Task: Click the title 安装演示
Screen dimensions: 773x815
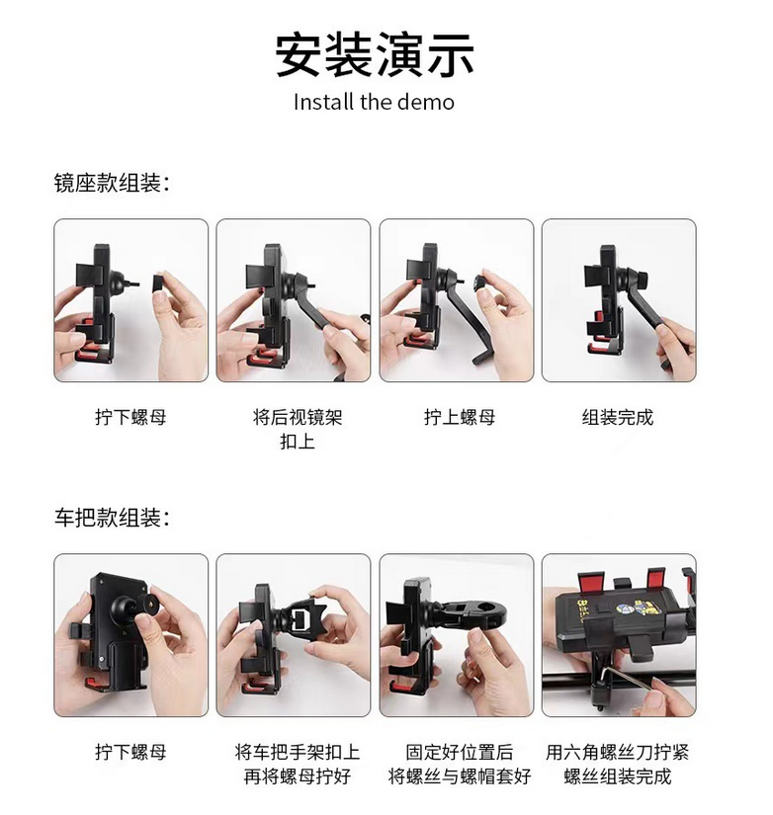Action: pos(374,54)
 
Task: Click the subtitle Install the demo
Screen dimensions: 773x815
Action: pos(374,102)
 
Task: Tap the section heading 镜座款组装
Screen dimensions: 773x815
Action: pos(112,184)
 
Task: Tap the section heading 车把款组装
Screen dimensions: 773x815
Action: pos(112,518)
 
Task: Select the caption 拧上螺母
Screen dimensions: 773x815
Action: pos(460,417)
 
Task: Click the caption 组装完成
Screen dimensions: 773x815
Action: pos(618,417)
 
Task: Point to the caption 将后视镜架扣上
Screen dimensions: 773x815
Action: pos(298,430)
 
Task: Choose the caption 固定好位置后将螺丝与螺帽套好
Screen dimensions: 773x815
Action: pos(460,764)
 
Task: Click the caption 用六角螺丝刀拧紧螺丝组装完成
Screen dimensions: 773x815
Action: pos(618,764)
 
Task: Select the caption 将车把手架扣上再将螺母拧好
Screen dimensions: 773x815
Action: pos(298,764)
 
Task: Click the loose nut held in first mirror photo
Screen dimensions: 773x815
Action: pos(157,284)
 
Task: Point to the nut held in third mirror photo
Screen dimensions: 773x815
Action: pos(479,284)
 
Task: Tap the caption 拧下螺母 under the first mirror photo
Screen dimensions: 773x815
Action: pos(130,417)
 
